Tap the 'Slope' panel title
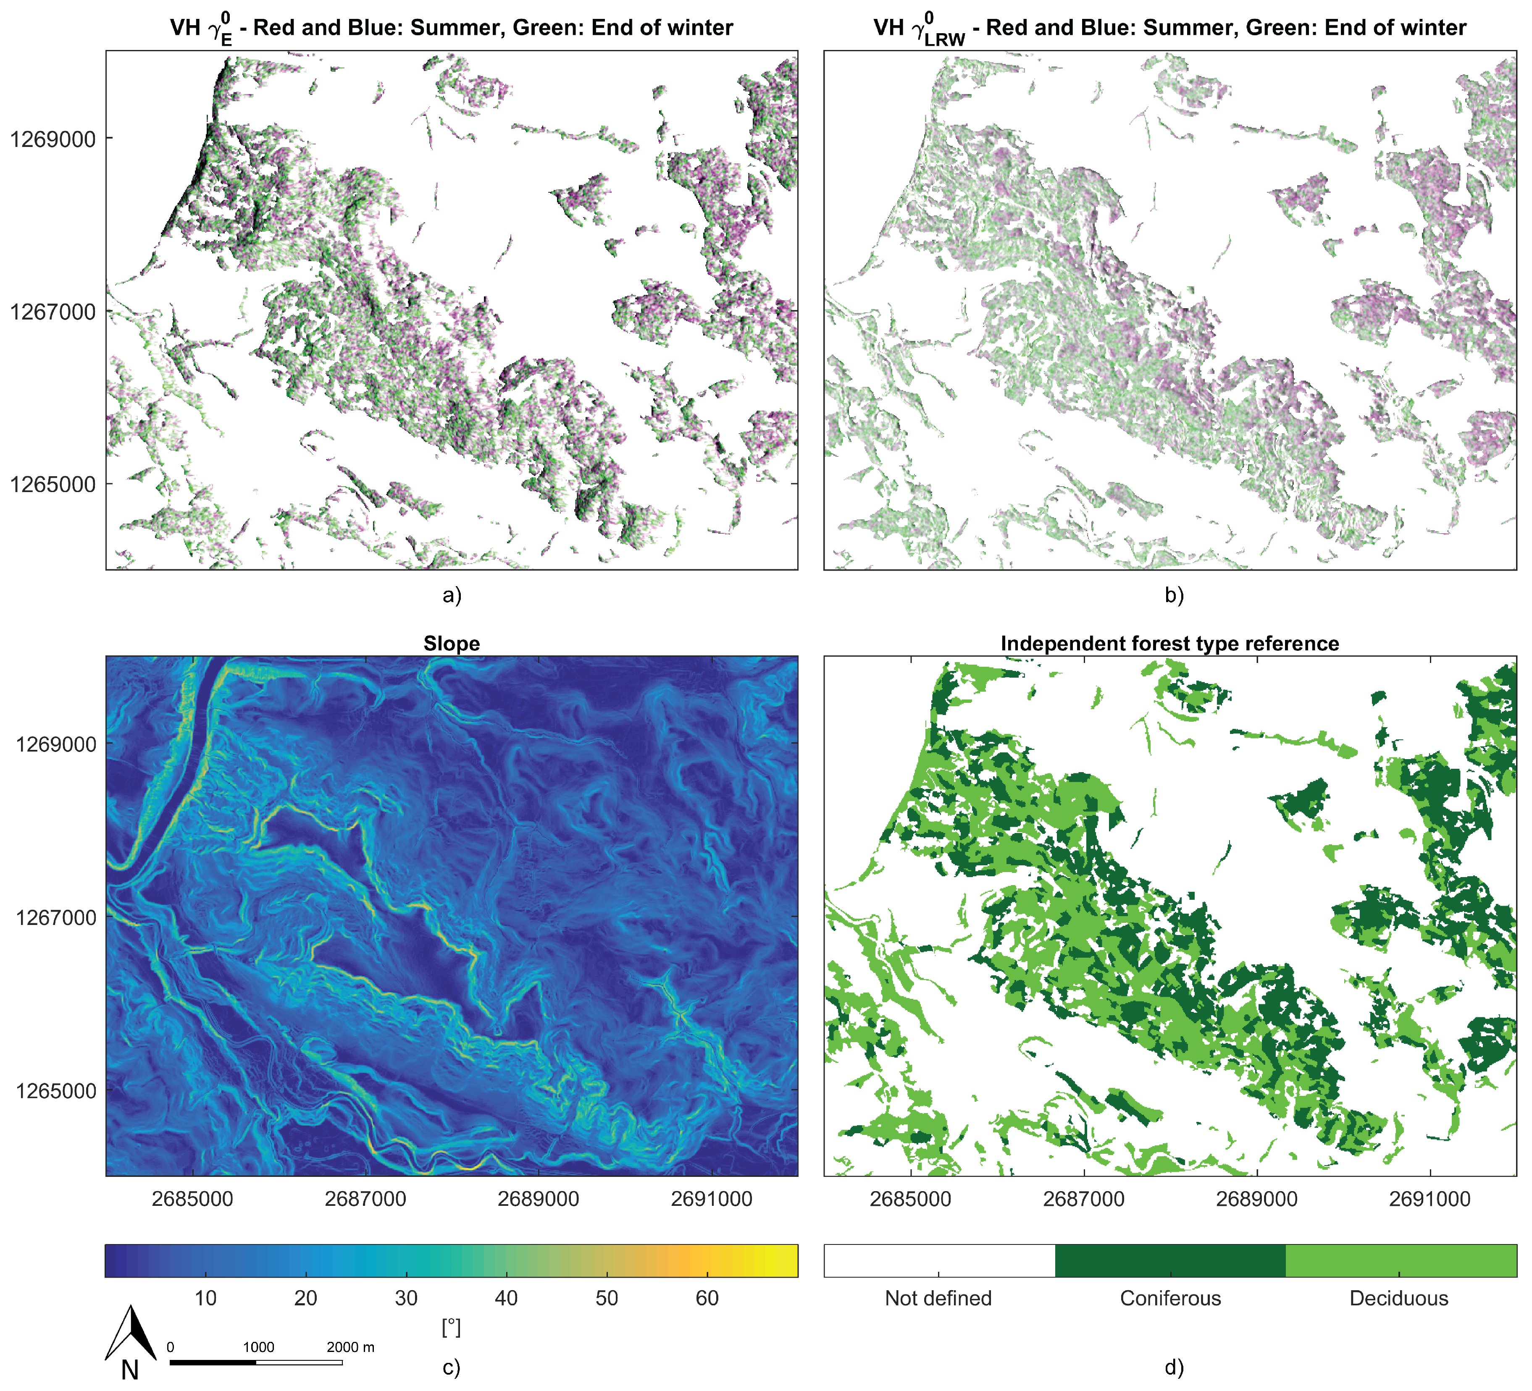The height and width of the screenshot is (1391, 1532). pyautogui.click(x=452, y=644)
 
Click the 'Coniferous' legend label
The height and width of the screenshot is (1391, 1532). pyautogui.click(x=1170, y=1298)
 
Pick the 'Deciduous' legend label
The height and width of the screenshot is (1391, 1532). pyautogui.click(x=1398, y=1298)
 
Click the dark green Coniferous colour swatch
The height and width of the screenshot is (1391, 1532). pyautogui.click(x=1170, y=1261)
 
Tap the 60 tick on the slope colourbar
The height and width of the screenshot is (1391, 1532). pyautogui.click(x=707, y=1298)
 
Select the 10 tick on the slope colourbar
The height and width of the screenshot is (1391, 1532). pyautogui.click(x=205, y=1298)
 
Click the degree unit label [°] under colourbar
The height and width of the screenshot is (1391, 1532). pyautogui.click(x=452, y=1327)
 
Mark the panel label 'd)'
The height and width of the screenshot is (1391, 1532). pyautogui.click(x=1174, y=1367)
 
